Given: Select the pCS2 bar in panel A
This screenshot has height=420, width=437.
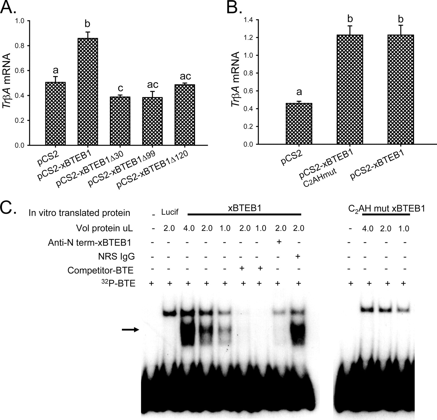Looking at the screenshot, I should click(x=55, y=114).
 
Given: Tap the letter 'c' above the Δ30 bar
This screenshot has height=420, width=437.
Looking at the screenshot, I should click(x=120, y=88).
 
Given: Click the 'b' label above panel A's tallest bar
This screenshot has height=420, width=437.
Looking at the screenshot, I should click(x=87, y=23).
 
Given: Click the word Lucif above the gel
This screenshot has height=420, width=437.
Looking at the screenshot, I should click(x=170, y=212).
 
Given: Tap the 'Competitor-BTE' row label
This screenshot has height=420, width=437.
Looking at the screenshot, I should click(x=100, y=270).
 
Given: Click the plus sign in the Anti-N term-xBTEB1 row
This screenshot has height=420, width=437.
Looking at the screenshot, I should click(x=279, y=242).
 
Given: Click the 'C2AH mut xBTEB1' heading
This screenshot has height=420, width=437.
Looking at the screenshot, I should click(x=386, y=209).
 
